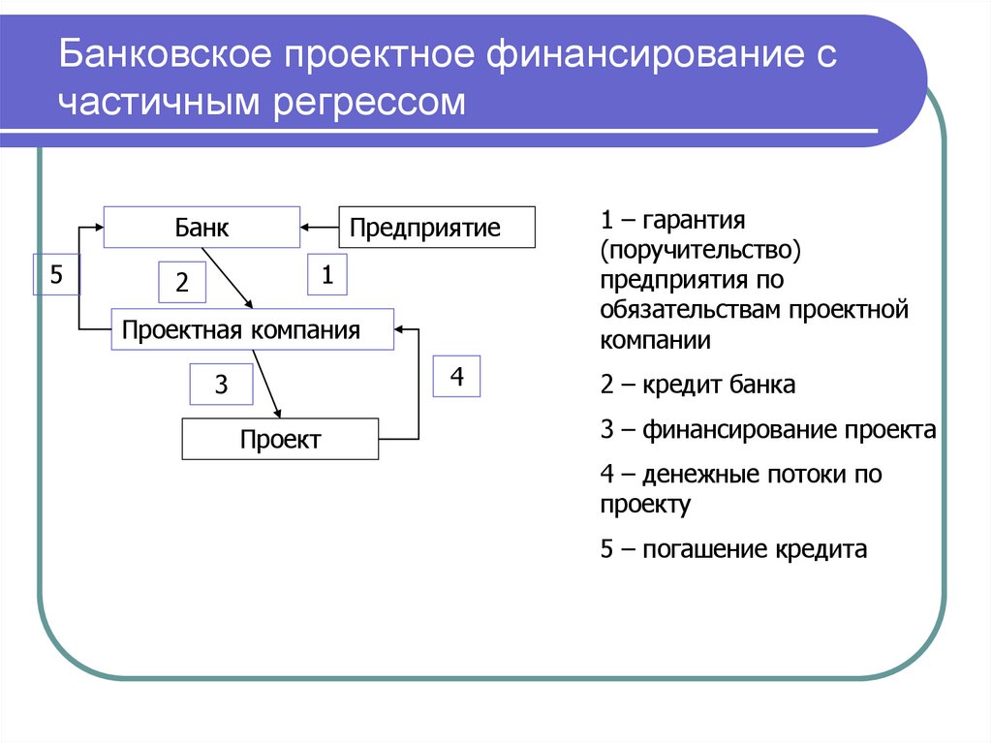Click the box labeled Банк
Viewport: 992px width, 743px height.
pos(201,228)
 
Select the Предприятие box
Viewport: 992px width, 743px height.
pos(436,228)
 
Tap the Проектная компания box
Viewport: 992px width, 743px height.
pos(253,330)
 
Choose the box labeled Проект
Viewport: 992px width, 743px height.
pos(280,440)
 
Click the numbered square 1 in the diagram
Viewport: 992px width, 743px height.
pos(327,275)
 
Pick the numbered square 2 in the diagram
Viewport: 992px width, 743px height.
pos(182,283)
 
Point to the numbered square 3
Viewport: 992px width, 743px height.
pos(221,385)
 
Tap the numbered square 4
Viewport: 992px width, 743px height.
pos(456,376)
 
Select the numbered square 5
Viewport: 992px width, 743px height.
pos(56,275)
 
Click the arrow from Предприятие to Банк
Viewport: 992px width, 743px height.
pos(319,229)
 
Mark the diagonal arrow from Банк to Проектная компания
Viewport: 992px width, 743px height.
pos(230,278)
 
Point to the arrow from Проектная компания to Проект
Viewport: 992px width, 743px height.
pos(266,385)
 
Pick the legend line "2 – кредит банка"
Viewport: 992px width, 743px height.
pos(697,385)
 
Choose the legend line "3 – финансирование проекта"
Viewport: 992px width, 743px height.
pos(768,430)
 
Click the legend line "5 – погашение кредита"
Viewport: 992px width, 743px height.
pos(731,550)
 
